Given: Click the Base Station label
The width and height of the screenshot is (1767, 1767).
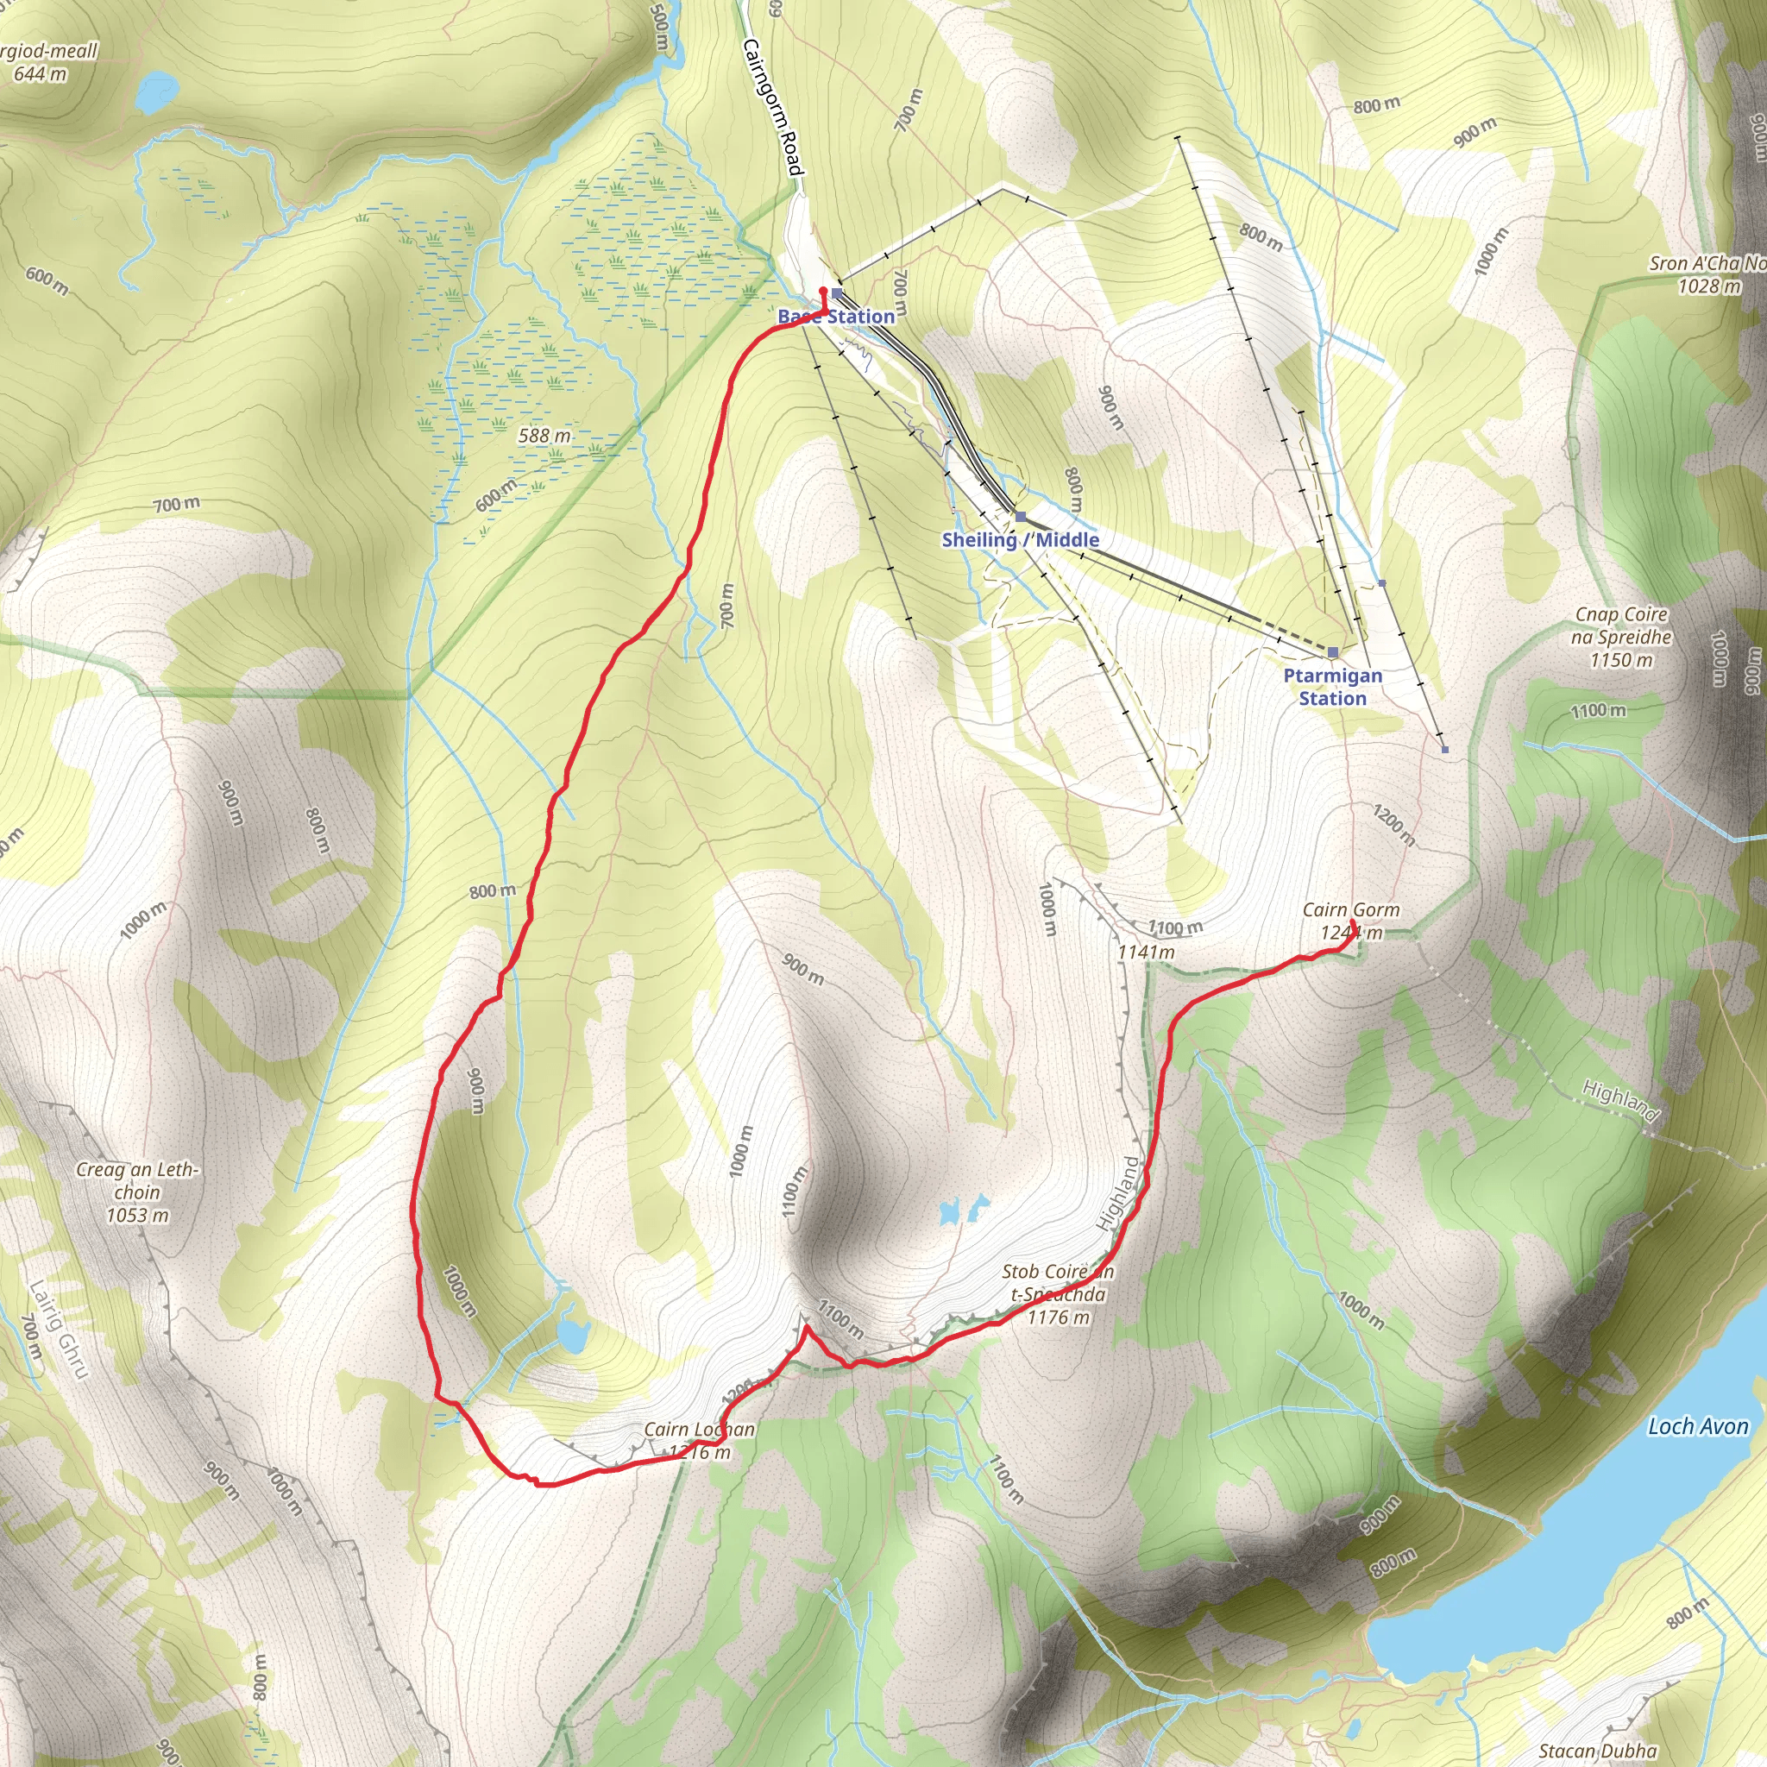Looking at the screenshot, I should pyautogui.click(x=836, y=317).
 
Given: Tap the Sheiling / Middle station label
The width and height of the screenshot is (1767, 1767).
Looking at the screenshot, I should pyautogui.click(x=1020, y=539).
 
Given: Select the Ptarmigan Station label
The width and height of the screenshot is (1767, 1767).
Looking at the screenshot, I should pyautogui.click(x=1332, y=687).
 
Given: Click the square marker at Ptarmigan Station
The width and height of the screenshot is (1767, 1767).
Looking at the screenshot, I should pyautogui.click(x=1334, y=652).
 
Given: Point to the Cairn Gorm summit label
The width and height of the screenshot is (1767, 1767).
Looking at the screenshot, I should pyautogui.click(x=1351, y=921).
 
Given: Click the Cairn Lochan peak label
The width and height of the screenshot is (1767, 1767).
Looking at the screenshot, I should pyautogui.click(x=700, y=1441).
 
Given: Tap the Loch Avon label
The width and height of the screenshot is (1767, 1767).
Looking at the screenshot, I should pyautogui.click(x=1697, y=1427).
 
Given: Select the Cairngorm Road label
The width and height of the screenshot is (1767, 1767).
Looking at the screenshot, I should pyautogui.click(x=773, y=106).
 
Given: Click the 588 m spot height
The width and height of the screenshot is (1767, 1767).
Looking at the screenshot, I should pyautogui.click(x=544, y=437).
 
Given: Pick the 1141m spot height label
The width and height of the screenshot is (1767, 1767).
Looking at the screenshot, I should pyautogui.click(x=1146, y=953).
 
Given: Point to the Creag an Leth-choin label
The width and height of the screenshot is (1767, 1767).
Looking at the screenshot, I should pyautogui.click(x=137, y=1192).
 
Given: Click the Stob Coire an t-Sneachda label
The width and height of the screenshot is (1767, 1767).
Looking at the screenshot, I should pyautogui.click(x=1058, y=1294).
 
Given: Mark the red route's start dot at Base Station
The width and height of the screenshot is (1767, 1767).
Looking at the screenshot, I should pyautogui.click(x=823, y=291).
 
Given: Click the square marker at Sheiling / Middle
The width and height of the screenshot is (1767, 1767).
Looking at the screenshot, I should pyautogui.click(x=1021, y=517).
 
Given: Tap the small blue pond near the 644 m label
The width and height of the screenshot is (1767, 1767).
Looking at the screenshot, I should pyautogui.click(x=148, y=94).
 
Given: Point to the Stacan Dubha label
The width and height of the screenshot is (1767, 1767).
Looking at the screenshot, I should pyautogui.click(x=1598, y=1751).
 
